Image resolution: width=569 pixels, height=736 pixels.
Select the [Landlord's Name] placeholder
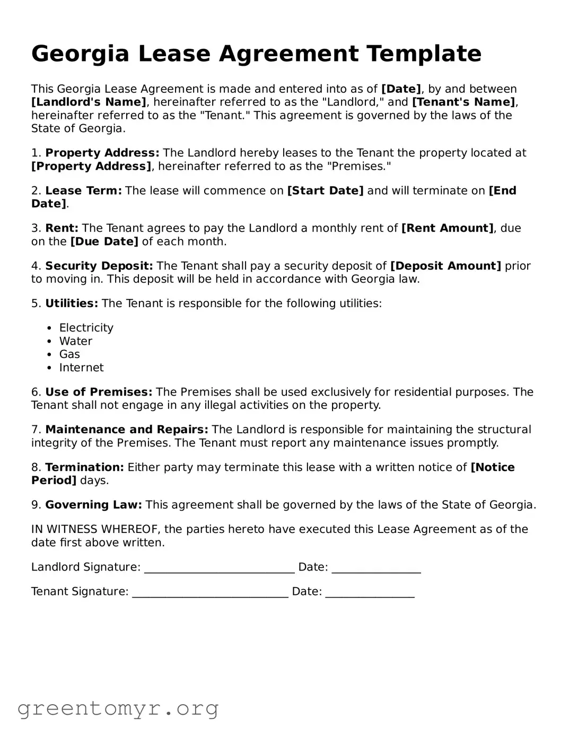tap(89, 102)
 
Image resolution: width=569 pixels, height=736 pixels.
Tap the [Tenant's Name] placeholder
tap(463, 102)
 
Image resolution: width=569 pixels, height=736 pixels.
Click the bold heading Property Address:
tap(102, 153)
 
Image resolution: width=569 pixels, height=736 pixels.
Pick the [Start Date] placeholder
tap(325, 191)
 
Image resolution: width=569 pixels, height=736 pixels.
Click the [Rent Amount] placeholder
tap(448, 229)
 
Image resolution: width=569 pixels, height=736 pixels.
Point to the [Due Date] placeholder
tap(104, 242)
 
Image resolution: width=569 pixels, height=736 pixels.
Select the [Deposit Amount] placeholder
tap(445, 266)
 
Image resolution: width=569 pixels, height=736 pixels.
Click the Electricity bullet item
tap(86, 328)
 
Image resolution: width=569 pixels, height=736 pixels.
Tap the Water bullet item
tap(75, 341)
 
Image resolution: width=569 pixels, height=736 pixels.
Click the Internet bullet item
tap(81, 367)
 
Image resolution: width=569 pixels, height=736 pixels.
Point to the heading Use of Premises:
tap(99, 392)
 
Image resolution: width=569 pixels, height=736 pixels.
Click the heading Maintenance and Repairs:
tap(127, 430)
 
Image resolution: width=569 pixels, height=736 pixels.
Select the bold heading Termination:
tap(84, 468)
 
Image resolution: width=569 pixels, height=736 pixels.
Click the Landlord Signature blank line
tap(219, 568)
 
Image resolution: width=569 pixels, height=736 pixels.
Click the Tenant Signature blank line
tap(210, 593)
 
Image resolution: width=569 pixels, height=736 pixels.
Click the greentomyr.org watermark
tap(118, 708)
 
